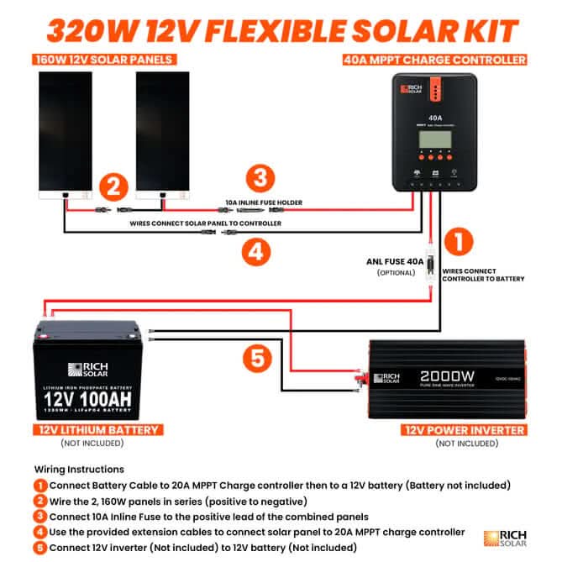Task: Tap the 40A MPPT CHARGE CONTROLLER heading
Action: [435, 60]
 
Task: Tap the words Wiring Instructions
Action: [79, 469]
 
